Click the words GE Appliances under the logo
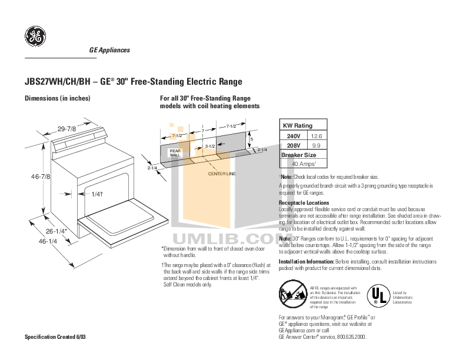(x=109, y=50)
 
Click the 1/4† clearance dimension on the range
(x=98, y=194)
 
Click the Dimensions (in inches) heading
(x=56, y=98)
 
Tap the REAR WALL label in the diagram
(x=175, y=153)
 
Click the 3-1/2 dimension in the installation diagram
(x=211, y=145)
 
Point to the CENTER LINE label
(x=222, y=174)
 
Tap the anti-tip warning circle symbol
(x=292, y=293)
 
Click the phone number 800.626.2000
(x=351, y=336)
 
